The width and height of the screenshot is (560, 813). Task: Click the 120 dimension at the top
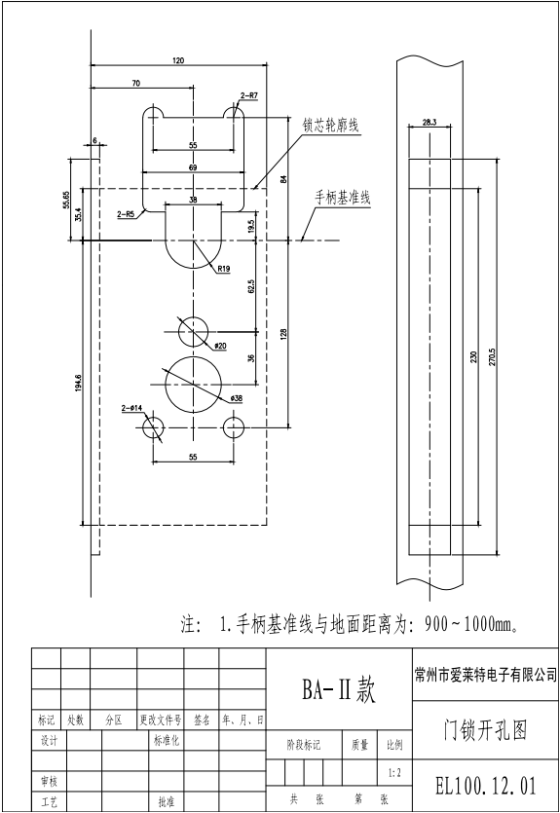click(178, 61)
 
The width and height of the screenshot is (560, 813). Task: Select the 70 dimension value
click(135, 84)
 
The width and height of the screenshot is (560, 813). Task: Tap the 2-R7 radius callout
click(248, 95)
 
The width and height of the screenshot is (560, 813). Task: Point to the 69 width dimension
click(192, 169)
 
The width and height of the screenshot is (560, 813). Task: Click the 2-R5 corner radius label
click(125, 212)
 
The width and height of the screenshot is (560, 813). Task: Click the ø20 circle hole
click(193, 330)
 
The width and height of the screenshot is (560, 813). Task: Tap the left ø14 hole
click(152, 427)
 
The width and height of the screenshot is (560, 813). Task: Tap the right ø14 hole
click(234, 427)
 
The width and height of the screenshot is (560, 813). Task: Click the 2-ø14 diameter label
click(131, 409)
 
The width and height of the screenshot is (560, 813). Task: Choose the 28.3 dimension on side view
click(429, 122)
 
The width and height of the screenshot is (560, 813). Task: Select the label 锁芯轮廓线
click(331, 127)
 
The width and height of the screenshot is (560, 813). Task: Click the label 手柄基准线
click(342, 197)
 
